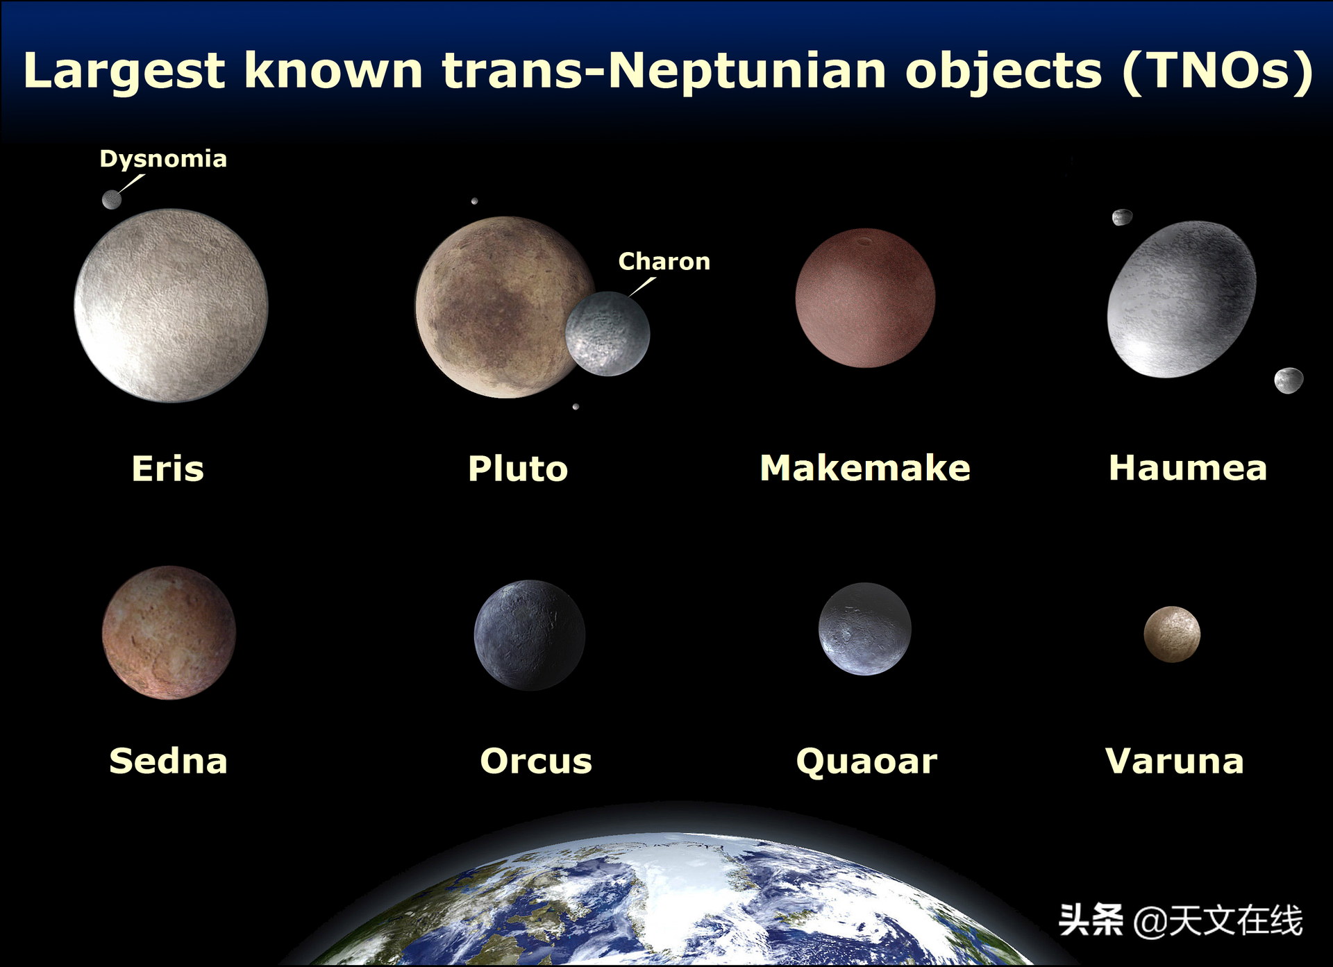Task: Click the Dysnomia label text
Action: (x=163, y=160)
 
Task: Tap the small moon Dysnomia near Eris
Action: (x=112, y=200)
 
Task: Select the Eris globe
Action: (x=171, y=305)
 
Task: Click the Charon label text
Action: (x=664, y=262)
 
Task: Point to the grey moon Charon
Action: (x=607, y=334)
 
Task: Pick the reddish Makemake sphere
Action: (x=865, y=298)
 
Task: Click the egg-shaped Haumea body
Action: (x=1182, y=299)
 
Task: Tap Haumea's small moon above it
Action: (x=1122, y=217)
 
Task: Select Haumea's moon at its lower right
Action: (x=1289, y=380)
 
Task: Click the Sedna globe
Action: (x=169, y=632)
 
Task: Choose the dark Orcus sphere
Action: (x=530, y=635)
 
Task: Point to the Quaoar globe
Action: (x=865, y=629)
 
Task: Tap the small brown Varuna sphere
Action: (x=1172, y=634)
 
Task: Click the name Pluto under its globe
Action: (x=518, y=469)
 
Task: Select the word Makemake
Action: (x=865, y=468)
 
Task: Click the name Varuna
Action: (x=1175, y=761)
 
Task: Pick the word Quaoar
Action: (x=866, y=762)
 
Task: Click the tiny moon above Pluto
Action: (x=474, y=201)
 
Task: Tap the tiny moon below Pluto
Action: (x=576, y=407)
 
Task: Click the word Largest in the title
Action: (x=125, y=72)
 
